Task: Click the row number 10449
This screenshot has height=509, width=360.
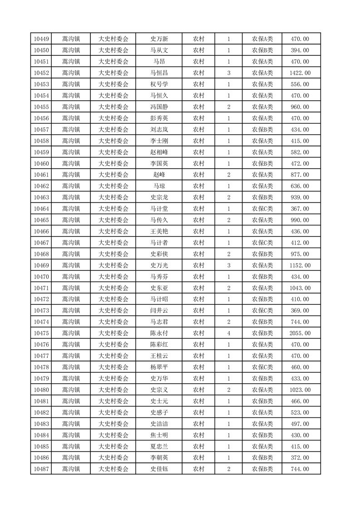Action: coord(41,39)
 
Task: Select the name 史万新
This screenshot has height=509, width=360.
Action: coord(159,39)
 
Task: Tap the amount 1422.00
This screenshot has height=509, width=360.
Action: coord(301,73)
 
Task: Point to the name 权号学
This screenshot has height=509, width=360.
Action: coord(159,84)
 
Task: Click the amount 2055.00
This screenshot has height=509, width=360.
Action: coord(301,333)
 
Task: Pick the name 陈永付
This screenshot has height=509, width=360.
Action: coord(159,333)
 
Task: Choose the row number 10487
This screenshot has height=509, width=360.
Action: coord(41,469)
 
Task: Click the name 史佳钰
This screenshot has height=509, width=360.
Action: coord(159,469)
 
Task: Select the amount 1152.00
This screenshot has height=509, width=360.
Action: coord(301,265)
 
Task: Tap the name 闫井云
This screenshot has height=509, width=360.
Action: coord(159,311)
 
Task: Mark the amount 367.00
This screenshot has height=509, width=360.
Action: coord(301,209)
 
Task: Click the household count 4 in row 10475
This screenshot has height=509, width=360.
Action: coord(228,333)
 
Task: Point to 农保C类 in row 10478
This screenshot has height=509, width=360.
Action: coord(262,367)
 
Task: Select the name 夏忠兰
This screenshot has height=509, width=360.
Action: coord(159,446)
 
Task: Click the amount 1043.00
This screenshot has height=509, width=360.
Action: coord(301,288)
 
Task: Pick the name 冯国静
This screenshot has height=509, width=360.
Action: coord(159,107)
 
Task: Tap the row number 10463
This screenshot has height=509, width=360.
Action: coord(41,197)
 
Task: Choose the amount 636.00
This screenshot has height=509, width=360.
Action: coord(301,186)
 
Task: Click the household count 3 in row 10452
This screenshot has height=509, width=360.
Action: coord(228,73)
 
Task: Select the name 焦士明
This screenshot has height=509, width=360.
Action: coord(159,435)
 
